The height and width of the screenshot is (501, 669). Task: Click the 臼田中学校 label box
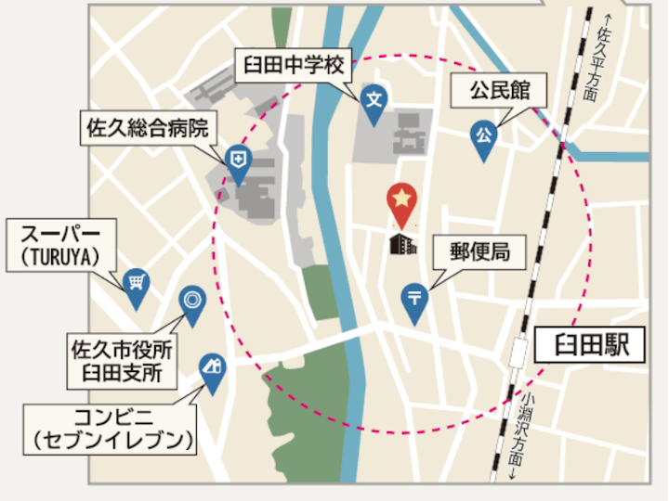293,65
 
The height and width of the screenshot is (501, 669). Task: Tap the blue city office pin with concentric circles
191,301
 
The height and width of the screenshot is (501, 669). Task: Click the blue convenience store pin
213,367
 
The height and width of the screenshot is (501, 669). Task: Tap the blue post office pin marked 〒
413,299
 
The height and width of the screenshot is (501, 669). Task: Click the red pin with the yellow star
401,200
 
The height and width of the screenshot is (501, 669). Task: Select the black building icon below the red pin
402,244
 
